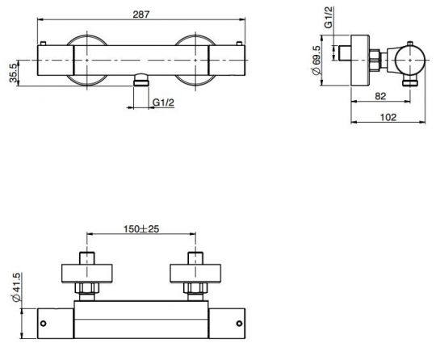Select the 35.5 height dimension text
tap(13, 72)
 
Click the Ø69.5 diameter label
tap(317, 64)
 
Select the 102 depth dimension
tap(387, 116)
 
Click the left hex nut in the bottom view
tap(86, 287)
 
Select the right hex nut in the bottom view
tap(195, 287)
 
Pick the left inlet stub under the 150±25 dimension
tap(86, 258)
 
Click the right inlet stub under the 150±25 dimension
tap(195, 258)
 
